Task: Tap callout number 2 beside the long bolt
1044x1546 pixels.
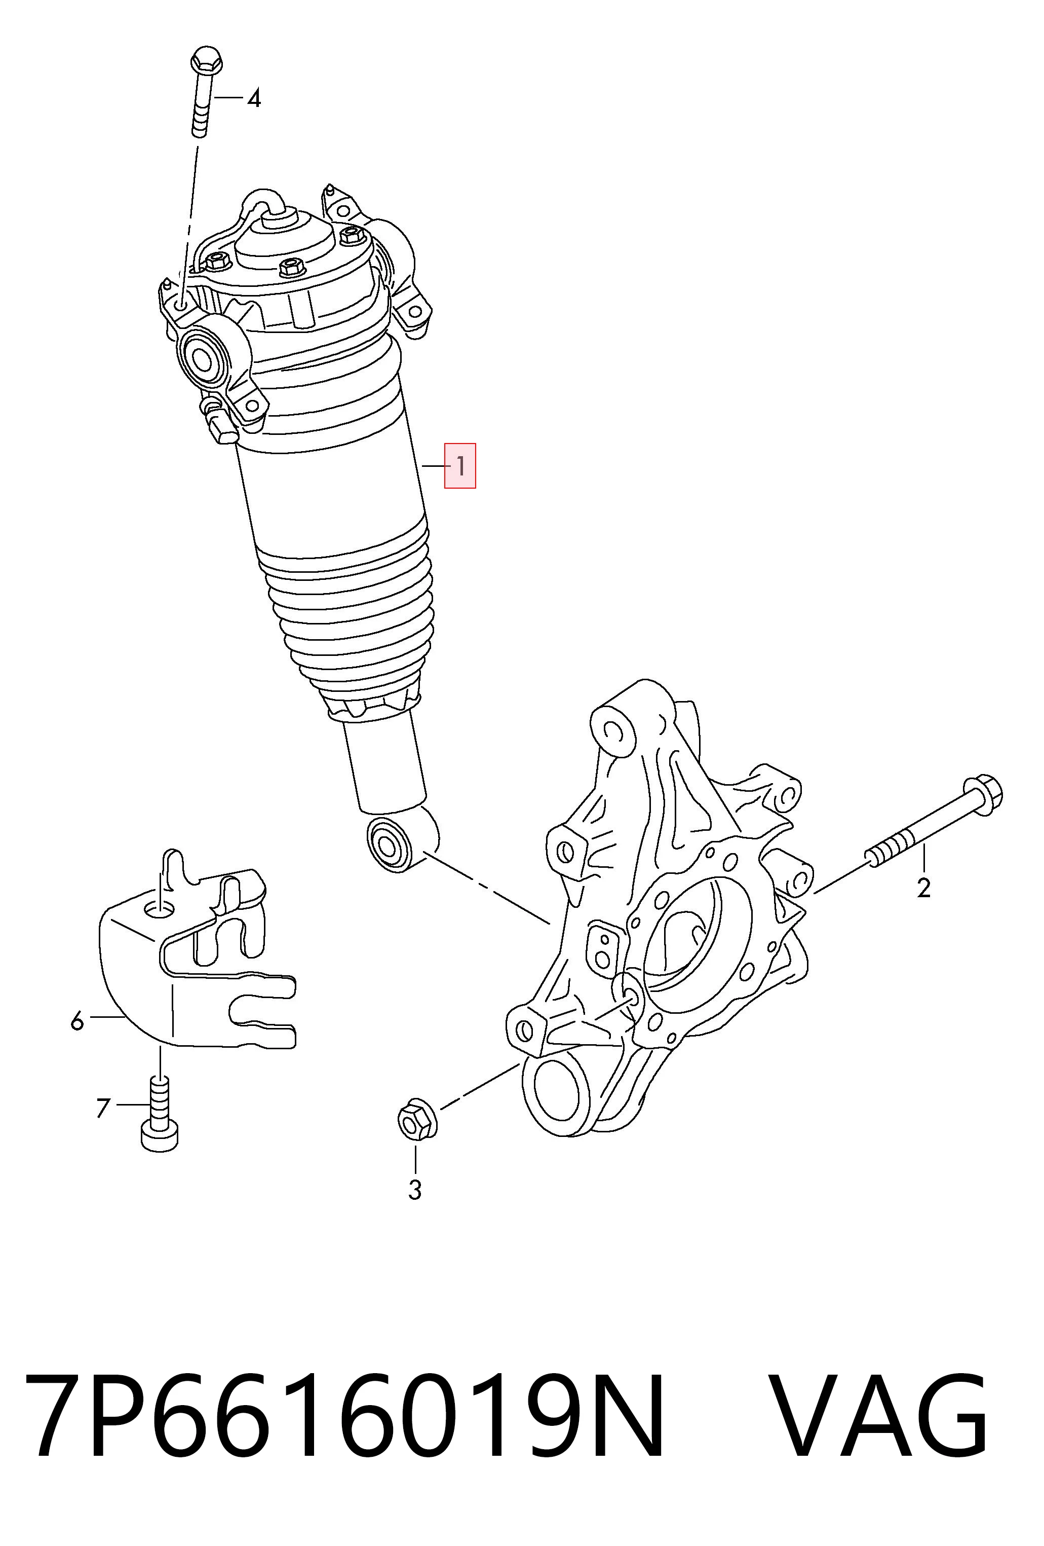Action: tap(923, 888)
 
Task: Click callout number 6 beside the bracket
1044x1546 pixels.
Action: tap(77, 1020)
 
